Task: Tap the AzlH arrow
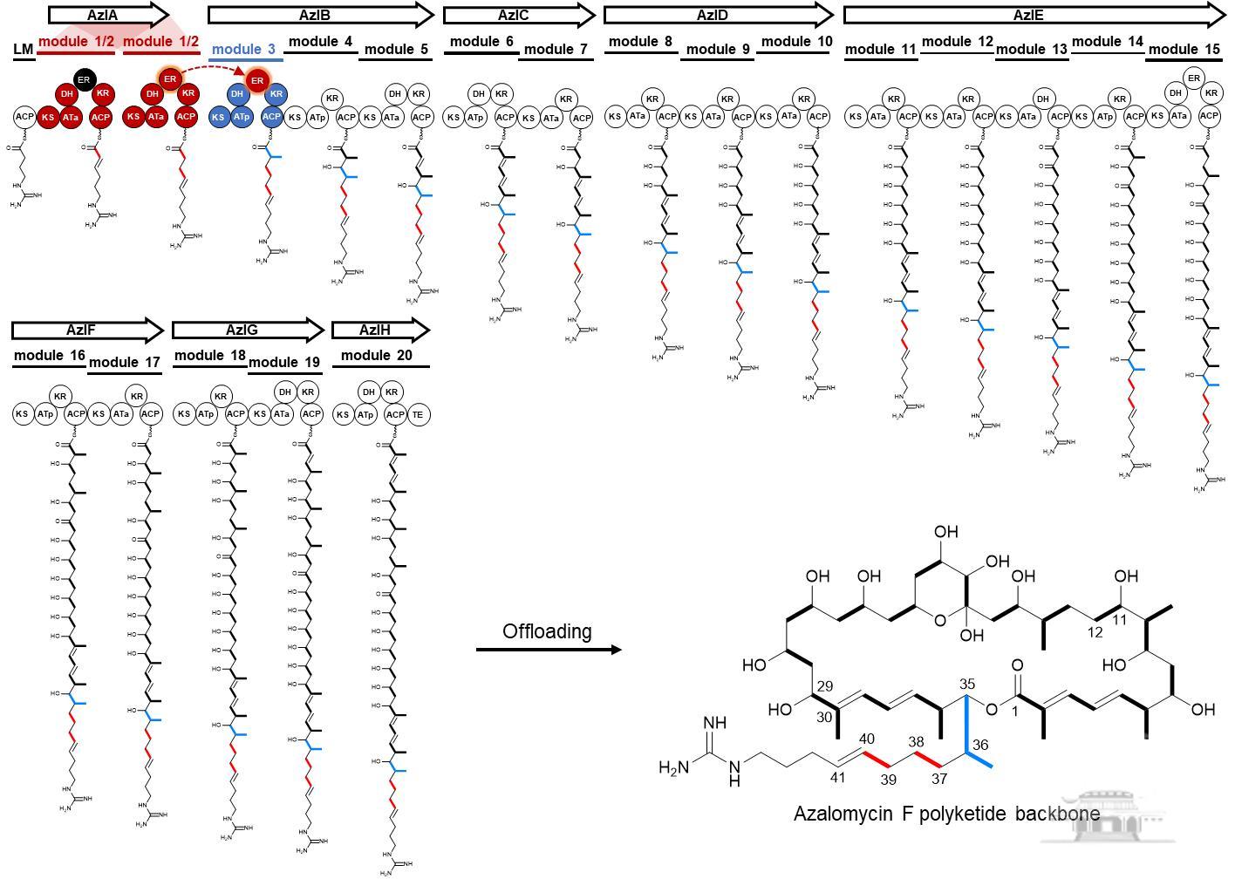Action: [x=380, y=330]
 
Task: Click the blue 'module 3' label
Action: [x=243, y=49]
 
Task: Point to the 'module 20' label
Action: [x=377, y=355]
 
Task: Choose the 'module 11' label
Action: [x=881, y=49]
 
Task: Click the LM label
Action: [x=23, y=49]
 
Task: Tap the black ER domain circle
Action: [x=84, y=80]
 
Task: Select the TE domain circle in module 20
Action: [x=418, y=414]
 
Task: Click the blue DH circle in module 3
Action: [x=236, y=94]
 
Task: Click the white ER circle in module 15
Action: [x=1193, y=77]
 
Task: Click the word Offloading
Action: [x=547, y=630]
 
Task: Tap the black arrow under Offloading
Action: [x=548, y=650]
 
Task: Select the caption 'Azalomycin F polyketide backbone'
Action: [x=946, y=814]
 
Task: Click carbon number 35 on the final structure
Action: [x=966, y=683]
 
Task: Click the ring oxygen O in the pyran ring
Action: [x=939, y=621]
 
